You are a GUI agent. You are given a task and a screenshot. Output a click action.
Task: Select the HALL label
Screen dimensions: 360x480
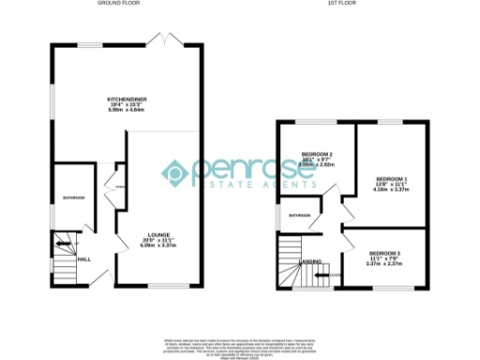click(83, 259)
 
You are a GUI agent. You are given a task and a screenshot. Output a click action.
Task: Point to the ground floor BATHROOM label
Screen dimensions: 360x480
click(73, 198)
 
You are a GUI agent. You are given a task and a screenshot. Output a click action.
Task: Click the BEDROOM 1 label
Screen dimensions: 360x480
click(393, 178)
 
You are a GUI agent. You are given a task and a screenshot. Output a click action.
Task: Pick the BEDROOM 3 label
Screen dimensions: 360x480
click(384, 253)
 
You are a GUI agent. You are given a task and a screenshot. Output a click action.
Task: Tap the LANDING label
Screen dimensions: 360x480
click(310, 262)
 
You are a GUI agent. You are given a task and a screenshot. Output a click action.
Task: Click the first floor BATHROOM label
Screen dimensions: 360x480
click(300, 216)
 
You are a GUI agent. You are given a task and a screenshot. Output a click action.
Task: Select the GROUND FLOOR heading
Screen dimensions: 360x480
click(120, 4)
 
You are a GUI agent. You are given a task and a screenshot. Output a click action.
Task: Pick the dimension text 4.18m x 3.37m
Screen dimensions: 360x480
click(393, 189)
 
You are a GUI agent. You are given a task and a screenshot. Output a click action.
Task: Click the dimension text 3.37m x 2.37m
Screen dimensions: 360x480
click(384, 264)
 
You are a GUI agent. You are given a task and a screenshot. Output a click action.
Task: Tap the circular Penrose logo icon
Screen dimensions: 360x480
click(176, 172)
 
